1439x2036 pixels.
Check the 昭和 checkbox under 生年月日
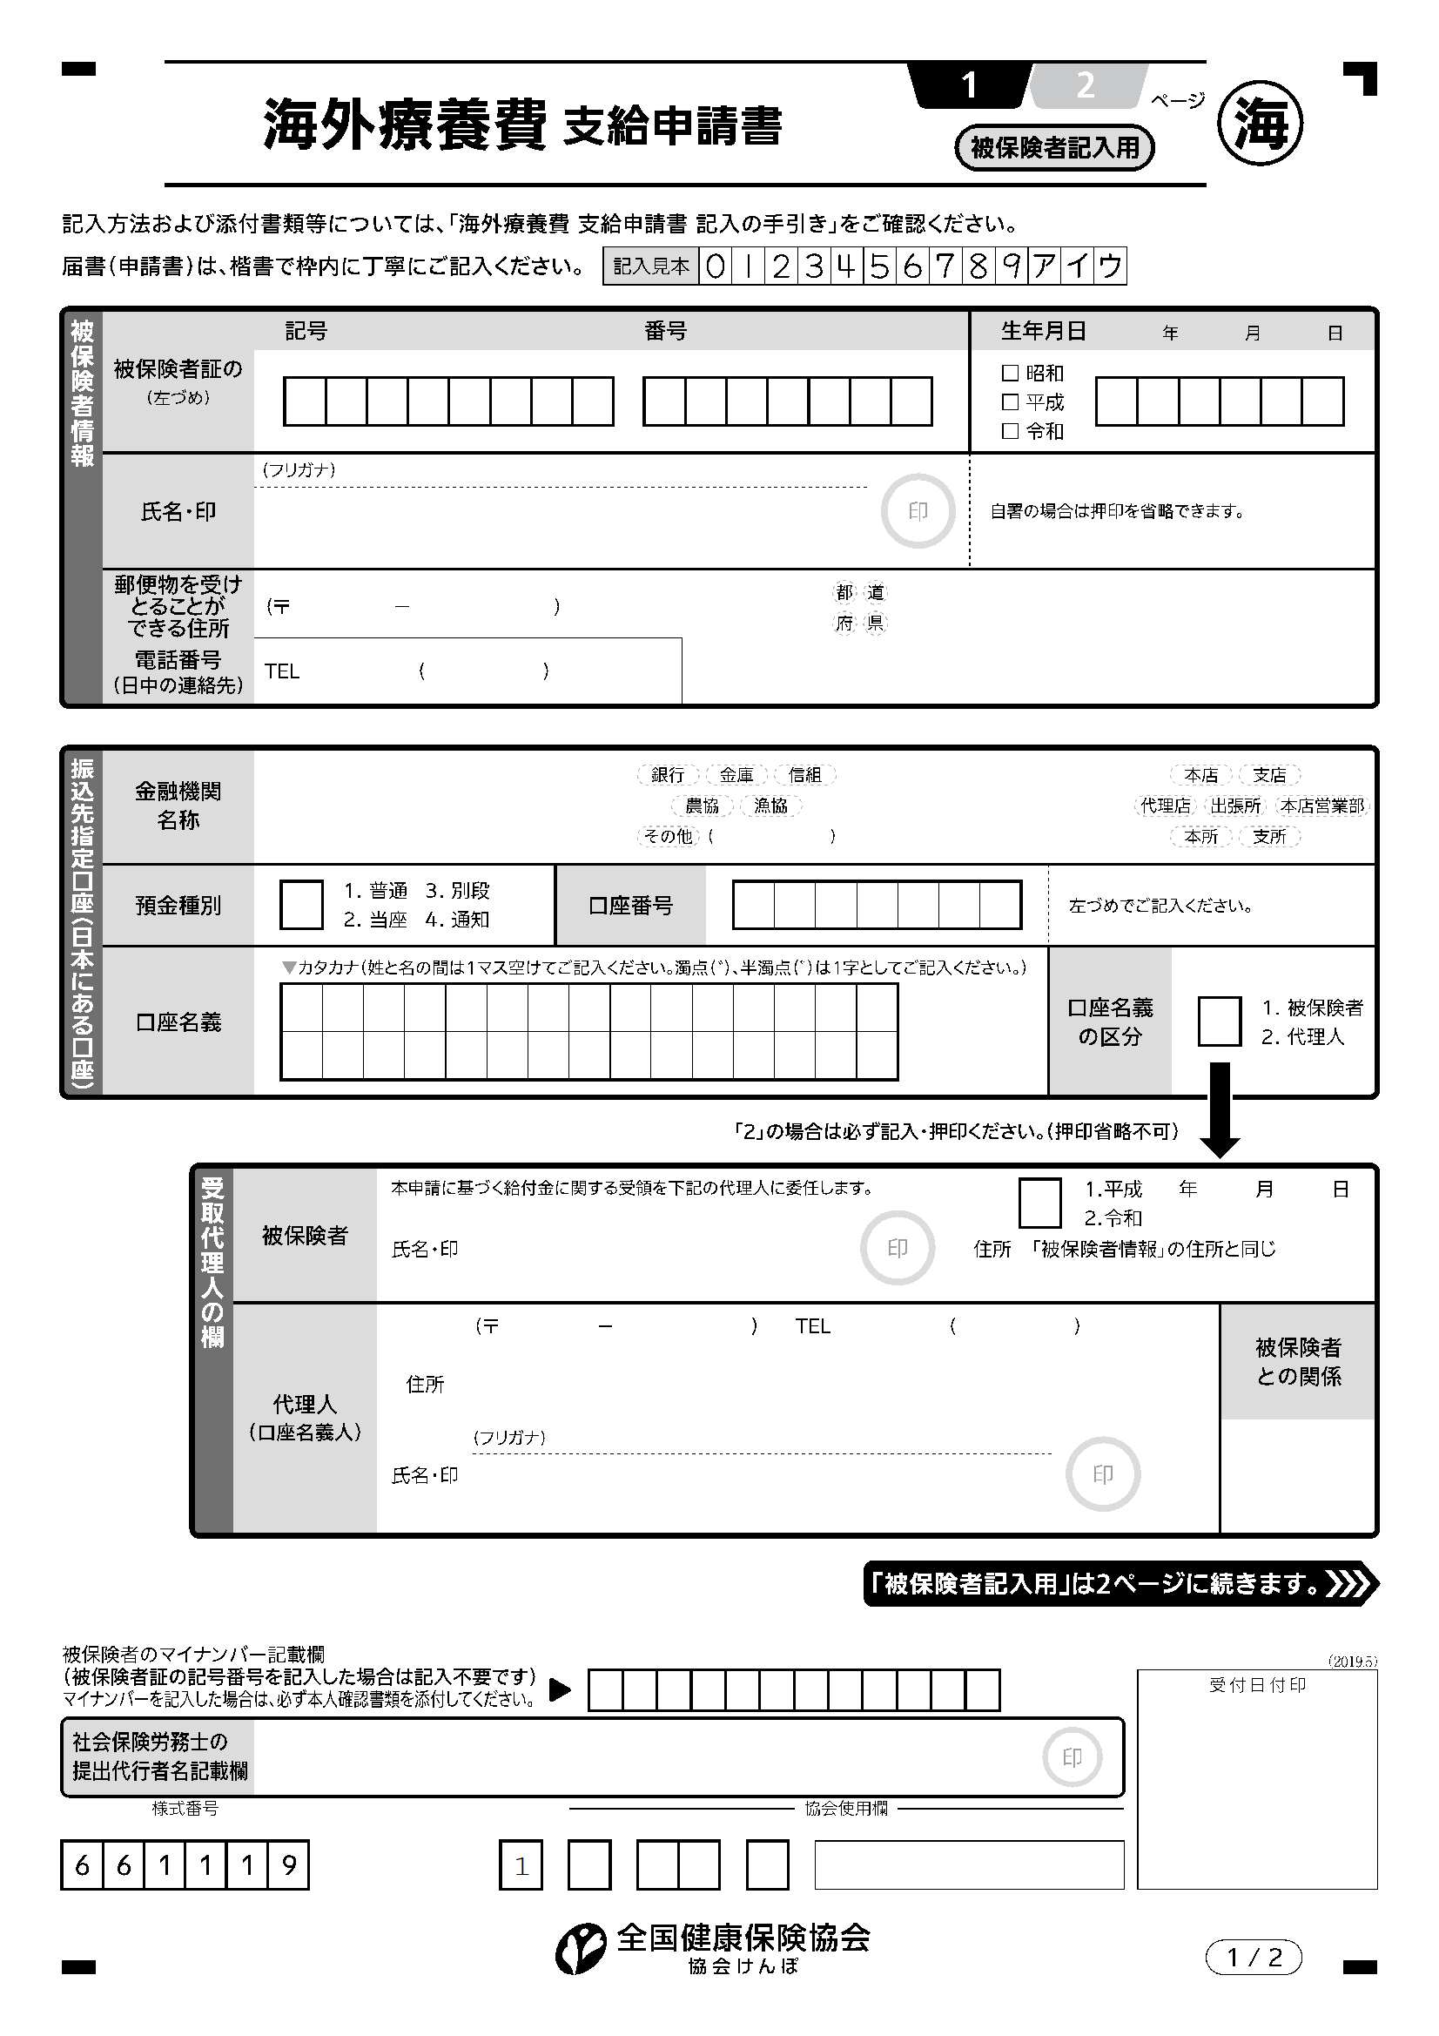(x=1009, y=374)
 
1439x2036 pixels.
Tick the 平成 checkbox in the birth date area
(x=1009, y=402)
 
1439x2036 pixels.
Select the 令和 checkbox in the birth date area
(x=1009, y=431)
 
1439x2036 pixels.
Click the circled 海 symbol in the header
(x=1260, y=124)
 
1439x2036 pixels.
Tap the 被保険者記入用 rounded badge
(x=1054, y=147)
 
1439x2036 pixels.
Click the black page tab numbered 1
(x=969, y=86)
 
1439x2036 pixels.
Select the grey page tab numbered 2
(x=1086, y=86)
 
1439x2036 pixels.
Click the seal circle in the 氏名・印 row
(x=918, y=511)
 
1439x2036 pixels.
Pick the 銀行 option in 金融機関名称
(x=668, y=775)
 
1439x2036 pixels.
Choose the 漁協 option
(x=770, y=806)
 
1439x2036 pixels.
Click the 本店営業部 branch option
(x=1322, y=806)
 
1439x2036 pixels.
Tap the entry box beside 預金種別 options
(x=301, y=905)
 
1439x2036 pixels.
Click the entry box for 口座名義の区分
(x=1219, y=1021)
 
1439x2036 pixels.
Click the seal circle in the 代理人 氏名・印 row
(x=1102, y=1474)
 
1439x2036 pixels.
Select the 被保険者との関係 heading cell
(x=1298, y=1362)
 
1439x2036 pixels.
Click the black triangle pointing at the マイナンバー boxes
(x=560, y=1689)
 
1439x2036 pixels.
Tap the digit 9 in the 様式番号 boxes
(x=288, y=1865)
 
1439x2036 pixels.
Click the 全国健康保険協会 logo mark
(x=581, y=1949)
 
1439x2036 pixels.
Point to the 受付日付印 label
(x=1257, y=1685)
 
